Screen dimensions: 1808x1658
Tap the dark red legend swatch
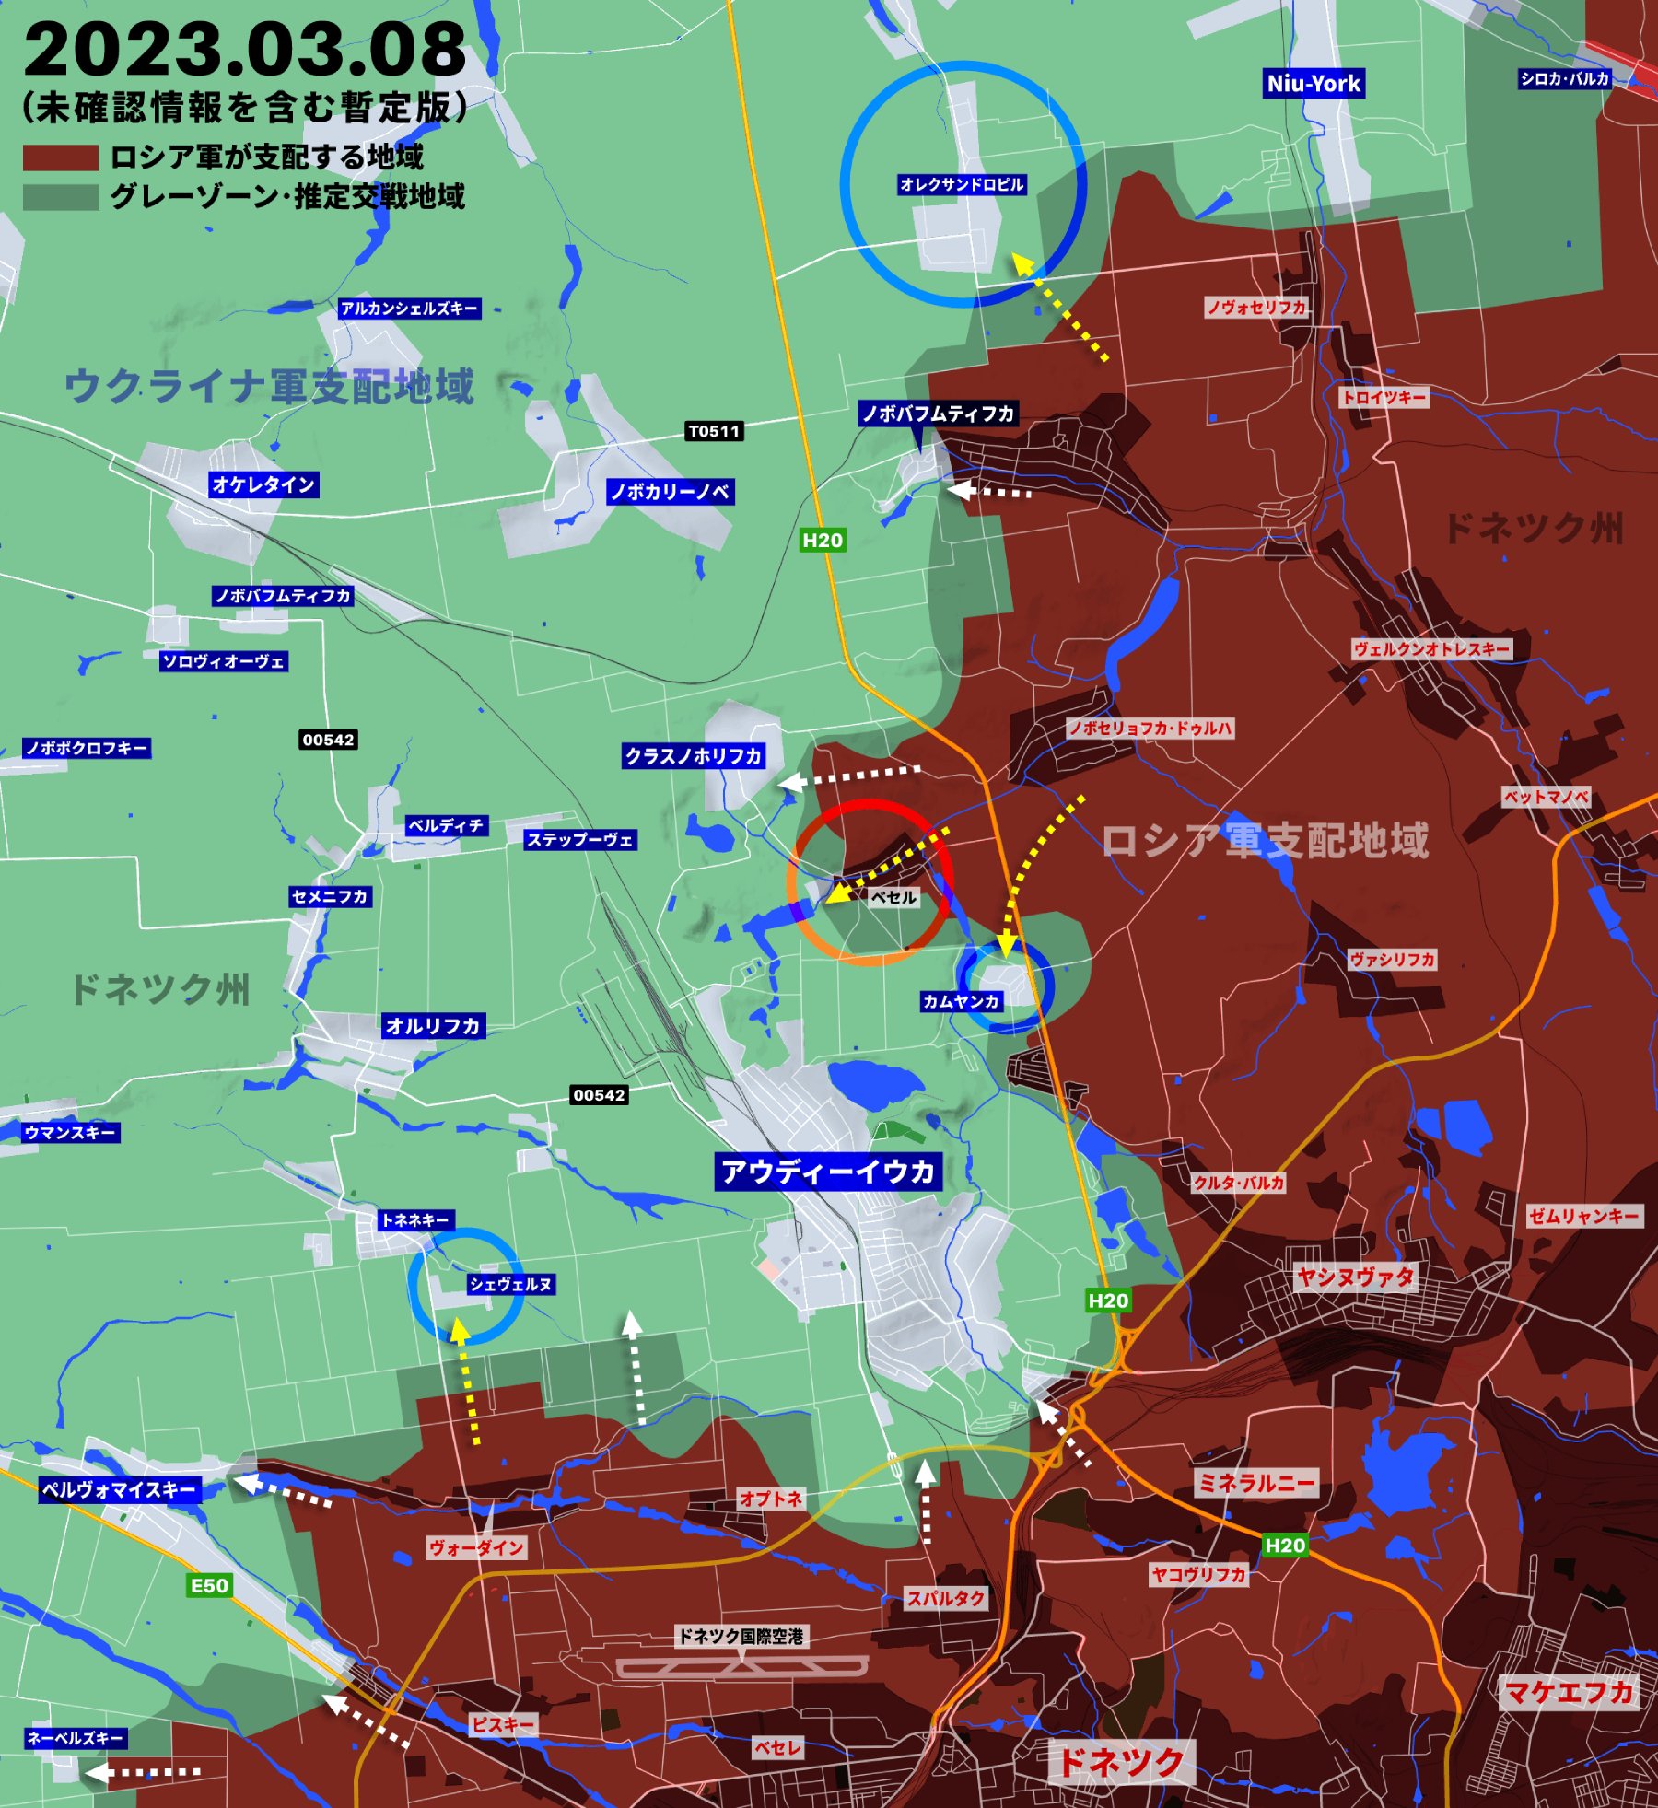pos(60,157)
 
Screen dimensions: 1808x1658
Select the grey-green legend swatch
pos(60,197)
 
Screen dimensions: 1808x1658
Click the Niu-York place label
pos(1314,84)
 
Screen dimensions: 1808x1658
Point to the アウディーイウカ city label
pos(828,1172)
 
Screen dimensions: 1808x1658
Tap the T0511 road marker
pos(714,431)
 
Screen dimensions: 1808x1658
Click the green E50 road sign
pos(209,1585)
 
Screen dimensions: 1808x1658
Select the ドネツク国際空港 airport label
pos(741,1636)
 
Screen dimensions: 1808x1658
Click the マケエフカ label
pos(1569,1692)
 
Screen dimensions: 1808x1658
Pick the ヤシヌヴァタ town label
pos(1354,1277)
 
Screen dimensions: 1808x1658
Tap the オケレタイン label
pos(263,484)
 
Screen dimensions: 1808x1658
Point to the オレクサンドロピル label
pos(962,184)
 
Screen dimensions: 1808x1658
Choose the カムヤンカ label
pos(961,1001)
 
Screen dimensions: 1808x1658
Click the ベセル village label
pos(893,897)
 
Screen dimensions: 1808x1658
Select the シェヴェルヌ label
pos(511,1284)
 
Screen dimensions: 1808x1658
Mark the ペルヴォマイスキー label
pos(120,1489)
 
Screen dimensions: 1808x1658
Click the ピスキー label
pos(503,1724)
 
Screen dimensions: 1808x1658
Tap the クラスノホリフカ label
pos(694,756)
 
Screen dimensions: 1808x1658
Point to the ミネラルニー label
pos(1256,1482)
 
